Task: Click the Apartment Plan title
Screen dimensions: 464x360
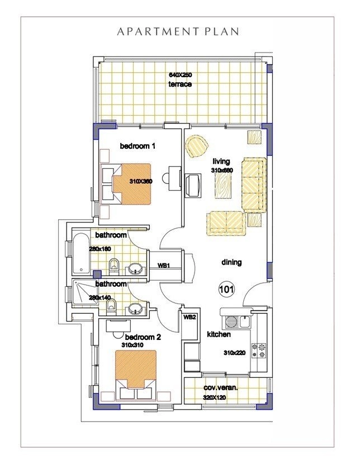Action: (x=178, y=32)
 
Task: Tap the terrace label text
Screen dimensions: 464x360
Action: (x=180, y=84)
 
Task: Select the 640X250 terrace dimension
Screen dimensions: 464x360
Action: (x=180, y=75)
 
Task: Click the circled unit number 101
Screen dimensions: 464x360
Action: (x=226, y=290)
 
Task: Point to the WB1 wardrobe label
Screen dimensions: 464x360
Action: (x=164, y=266)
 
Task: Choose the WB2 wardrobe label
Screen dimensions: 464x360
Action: (x=190, y=317)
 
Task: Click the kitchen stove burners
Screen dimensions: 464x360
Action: (x=260, y=350)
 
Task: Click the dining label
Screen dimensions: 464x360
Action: (x=231, y=262)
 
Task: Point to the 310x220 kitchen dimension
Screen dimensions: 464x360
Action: (x=235, y=353)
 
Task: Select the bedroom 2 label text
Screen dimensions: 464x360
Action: (x=143, y=337)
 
